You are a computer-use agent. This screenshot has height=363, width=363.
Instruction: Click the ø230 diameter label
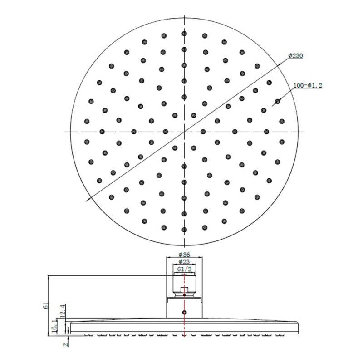(x=296, y=56)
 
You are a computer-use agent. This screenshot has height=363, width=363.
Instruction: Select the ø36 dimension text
(x=184, y=254)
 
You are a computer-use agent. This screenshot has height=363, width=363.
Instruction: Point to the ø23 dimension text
(x=184, y=261)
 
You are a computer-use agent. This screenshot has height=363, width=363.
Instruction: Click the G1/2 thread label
(x=184, y=269)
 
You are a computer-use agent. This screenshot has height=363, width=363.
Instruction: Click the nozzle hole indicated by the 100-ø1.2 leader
(x=278, y=101)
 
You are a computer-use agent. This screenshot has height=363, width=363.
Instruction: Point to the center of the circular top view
(x=184, y=132)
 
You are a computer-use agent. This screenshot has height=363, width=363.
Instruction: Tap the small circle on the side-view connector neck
(x=184, y=313)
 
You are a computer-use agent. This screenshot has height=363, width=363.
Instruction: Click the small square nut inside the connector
(x=184, y=291)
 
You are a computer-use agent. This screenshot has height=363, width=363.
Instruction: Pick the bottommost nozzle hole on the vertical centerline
(x=184, y=229)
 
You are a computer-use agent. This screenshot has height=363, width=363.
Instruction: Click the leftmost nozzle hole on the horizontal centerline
(x=86, y=132)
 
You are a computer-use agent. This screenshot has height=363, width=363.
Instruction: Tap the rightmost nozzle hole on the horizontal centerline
(x=282, y=132)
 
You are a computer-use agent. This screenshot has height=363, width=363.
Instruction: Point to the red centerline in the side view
(x=184, y=327)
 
